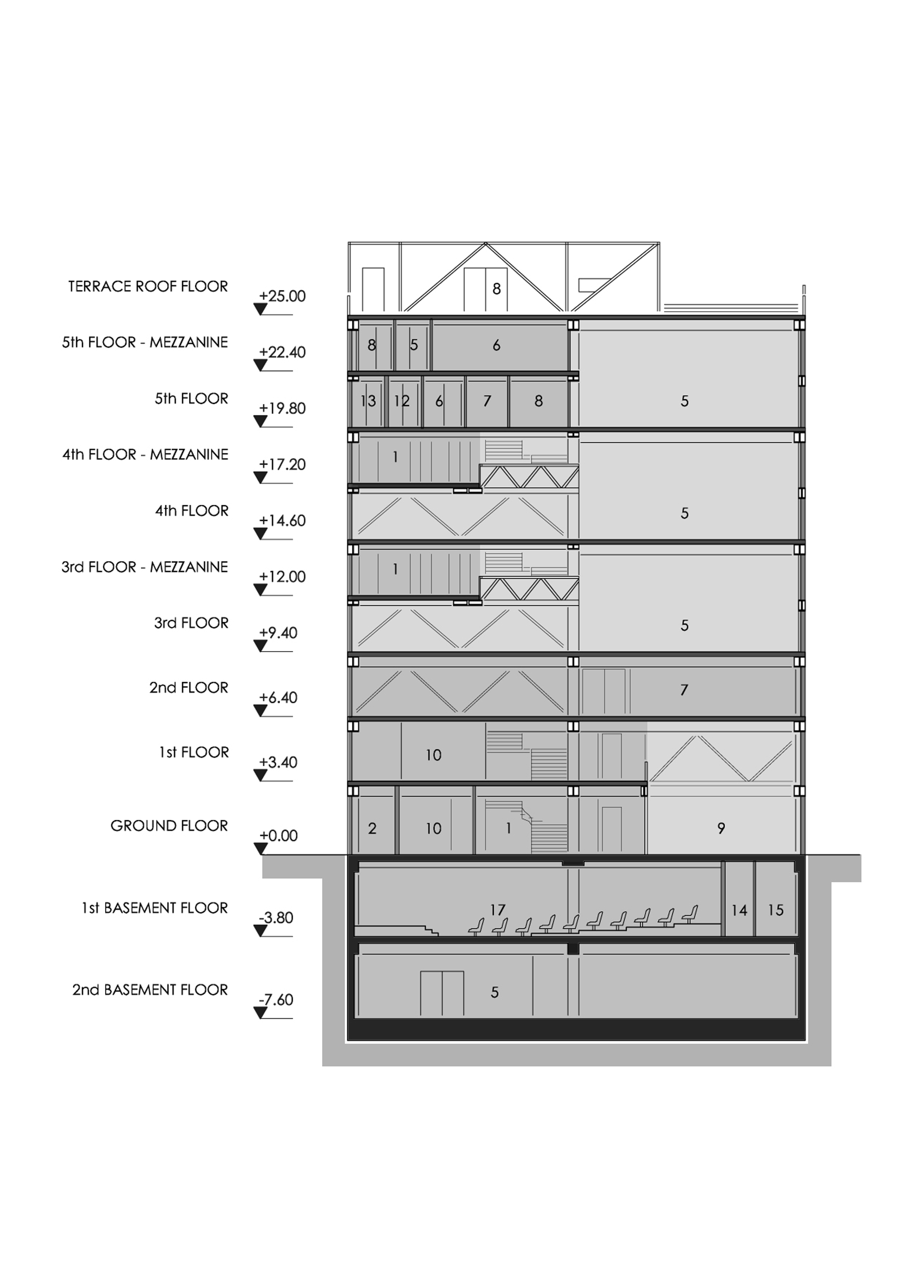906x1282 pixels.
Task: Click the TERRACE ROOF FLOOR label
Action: coord(148,286)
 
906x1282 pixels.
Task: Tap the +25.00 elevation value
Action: coord(283,296)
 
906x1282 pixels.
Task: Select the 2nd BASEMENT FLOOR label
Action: coord(150,990)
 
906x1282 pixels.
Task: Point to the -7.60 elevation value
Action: coord(276,1000)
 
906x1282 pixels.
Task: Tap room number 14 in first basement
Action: coord(739,911)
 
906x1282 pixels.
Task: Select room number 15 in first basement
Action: coord(776,911)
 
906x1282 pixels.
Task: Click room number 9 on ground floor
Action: coord(721,828)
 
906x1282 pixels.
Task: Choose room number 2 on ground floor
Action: coord(372,828)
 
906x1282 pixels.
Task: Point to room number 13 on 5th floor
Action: coord(368,401)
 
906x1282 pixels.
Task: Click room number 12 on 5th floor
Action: coord(401,401)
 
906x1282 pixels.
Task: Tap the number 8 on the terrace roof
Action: coord(496,289)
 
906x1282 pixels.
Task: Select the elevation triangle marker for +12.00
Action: coord(260,590)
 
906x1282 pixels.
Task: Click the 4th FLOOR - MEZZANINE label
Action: coord(145,455)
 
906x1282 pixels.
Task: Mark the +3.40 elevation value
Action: coord(278,762)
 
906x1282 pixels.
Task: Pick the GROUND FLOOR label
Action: coord(169,826)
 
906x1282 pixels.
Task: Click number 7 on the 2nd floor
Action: coord(684,690)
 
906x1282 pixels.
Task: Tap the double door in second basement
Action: coord(442,993)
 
